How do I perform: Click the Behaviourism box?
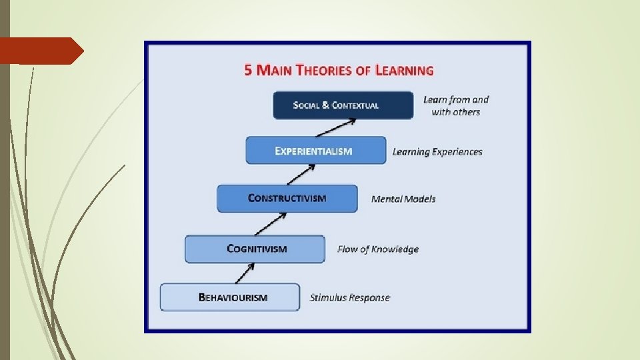tap(229, 297)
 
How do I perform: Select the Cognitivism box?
tap(255, 249)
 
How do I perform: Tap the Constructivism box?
tap(287, 198)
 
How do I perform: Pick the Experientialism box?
tap(315, 151)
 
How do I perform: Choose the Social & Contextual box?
tap(343, 105)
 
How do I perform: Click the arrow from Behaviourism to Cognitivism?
tap(245, 272)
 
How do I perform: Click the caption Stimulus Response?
tap(349, 297)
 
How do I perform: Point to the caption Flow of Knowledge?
tap(378, 249)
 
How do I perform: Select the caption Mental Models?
tap(403, 199)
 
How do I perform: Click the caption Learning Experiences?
tap(437, 152)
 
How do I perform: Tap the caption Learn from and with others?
tap(456, 105)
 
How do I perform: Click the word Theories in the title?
tap(325, 70)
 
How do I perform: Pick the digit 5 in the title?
tap(248, 70)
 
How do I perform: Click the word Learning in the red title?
tap(403, 70)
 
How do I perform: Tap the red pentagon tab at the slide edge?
tap(40, 51)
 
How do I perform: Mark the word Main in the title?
tap(273, 70)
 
